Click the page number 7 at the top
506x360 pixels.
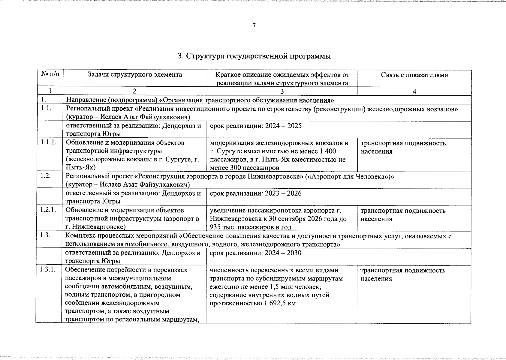254,25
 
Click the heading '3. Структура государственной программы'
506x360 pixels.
254,56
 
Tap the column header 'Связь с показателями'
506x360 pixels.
414,75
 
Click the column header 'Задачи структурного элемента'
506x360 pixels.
135,74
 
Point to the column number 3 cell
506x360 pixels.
282,91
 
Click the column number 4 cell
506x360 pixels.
414,91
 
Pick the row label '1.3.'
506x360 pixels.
45,235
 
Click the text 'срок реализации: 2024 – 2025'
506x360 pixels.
256,126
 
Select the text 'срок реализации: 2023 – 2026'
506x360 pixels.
256,193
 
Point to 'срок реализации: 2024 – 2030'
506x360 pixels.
255,253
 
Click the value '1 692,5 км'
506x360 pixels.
280,303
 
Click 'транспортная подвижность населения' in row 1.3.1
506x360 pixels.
402,274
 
